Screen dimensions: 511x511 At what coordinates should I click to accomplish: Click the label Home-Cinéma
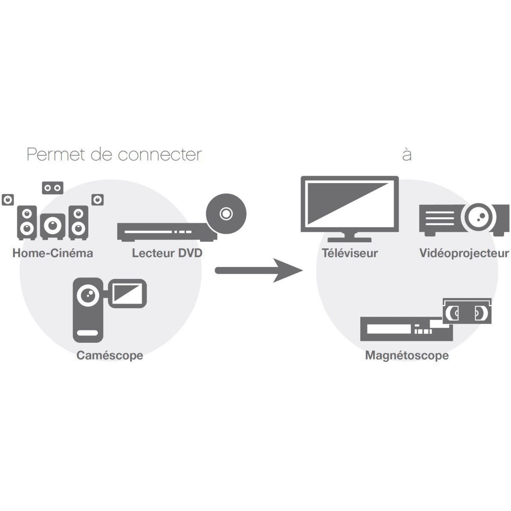pos(52,253)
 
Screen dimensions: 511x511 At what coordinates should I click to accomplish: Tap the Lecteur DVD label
pos(167,253)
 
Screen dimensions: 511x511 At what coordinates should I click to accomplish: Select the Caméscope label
pos(109,356)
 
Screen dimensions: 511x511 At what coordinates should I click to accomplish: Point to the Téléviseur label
pos(350,253)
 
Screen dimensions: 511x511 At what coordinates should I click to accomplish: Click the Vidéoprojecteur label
pos(464,254)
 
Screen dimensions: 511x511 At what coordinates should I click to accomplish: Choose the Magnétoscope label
pos(407,356)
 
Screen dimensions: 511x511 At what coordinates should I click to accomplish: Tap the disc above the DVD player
pos(226,213)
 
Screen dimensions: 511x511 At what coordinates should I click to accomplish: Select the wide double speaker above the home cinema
pos(53,188)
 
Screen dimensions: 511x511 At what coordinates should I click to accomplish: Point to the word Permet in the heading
pos(56,155)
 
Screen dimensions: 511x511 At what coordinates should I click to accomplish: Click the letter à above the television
pos(407,155)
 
